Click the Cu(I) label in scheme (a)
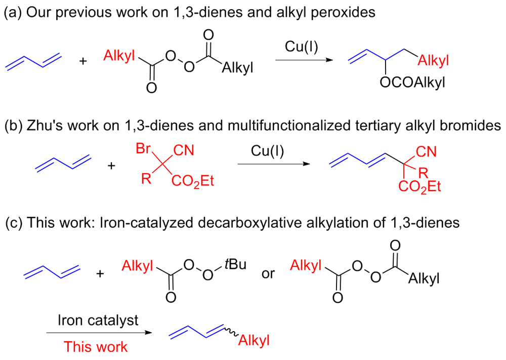coord(302,47)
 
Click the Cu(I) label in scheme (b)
coord(268,151)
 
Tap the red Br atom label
coord(143,148)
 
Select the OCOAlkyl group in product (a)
coord(412,83)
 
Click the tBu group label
coord(236,264)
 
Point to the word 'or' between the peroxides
coord(268,274)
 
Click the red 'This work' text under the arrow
coord(96,347)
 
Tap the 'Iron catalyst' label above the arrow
coord(98,321)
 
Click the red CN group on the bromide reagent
coord(184,150)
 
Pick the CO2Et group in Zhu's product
coord(419,187)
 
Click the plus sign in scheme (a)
coord(83,61)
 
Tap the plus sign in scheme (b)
coord(111,166)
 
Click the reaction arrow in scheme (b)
coord(274,164)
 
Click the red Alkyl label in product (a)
coord(433,60)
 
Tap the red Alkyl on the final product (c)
coord(254,340)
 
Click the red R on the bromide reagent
coord(146,178)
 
